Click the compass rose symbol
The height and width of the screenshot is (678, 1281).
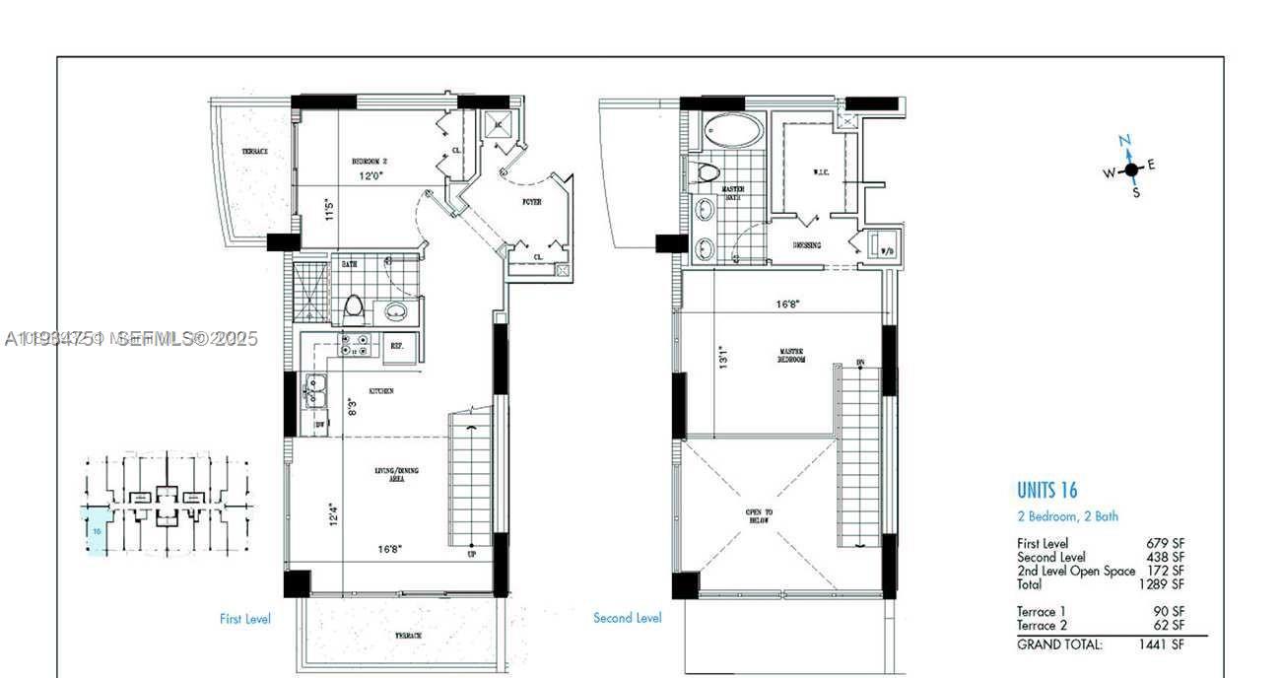[1129, 169]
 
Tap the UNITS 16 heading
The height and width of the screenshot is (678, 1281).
[1046, 490]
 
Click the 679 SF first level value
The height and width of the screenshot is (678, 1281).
[1165, 543]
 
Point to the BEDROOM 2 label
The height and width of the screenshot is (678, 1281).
[370, 161]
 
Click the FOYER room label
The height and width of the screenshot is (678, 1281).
[532, 202]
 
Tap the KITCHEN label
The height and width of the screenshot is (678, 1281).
[381, 391]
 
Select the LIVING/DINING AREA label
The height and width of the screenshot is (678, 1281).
[396, 474]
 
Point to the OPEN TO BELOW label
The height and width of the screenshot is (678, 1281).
[758, 516]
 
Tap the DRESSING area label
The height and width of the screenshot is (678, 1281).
[807, 245]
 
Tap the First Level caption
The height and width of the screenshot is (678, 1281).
[244, 619]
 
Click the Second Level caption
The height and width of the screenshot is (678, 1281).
[627, 618]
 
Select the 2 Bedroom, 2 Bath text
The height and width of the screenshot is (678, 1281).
[1067, 516]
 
